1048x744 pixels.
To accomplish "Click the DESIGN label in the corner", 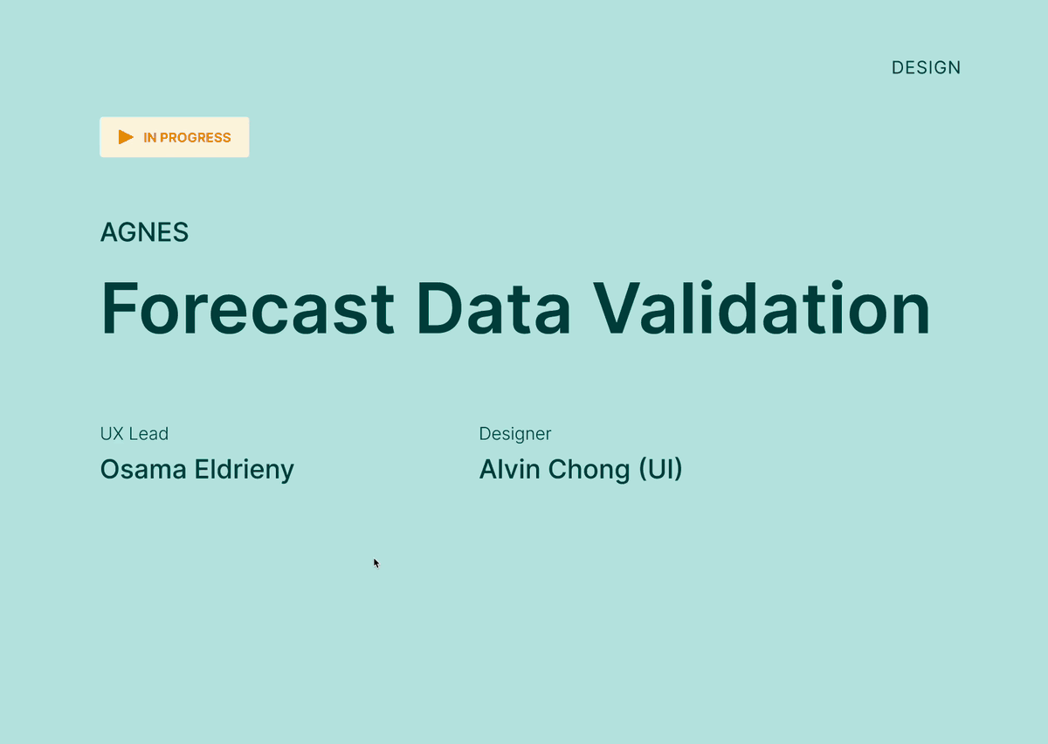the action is pos(926,68).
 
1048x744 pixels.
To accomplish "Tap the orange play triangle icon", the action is pos(126,137).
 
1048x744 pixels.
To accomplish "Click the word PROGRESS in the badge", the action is pos(195,138).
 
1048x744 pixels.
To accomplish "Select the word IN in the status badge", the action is pos(149,138).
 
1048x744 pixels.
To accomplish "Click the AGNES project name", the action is pos(144,232).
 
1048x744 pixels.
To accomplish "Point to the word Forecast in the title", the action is pos(247,308).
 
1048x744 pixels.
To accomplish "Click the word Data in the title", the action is pos(493,308).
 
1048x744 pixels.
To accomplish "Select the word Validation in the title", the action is pos(762,307).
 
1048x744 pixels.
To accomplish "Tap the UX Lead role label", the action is pos(134,434).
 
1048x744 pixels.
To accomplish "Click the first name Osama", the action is pos(143,469).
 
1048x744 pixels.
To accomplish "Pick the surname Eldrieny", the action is pos(245,471).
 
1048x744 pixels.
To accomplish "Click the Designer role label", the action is pos(515,434).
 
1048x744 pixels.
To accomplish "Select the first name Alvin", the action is pos(509,469).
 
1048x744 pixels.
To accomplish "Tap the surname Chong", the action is pos(589,471).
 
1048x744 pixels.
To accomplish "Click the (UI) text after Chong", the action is pos(660,469).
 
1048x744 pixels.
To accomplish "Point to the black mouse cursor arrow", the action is pos(376,563).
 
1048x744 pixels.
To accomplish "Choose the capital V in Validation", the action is pos(617,308).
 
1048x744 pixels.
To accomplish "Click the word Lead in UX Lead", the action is pos(148,434).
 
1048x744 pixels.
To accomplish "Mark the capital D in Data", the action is pos(439,308).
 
